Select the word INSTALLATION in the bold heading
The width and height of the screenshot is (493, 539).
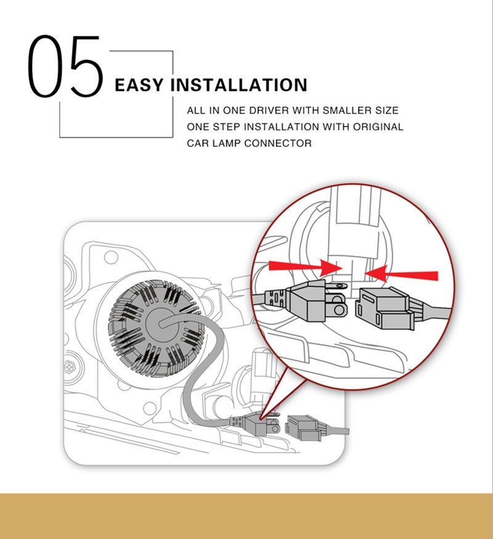(x=238, y=85)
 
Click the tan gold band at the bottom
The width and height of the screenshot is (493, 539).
(x=246, y=516)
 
